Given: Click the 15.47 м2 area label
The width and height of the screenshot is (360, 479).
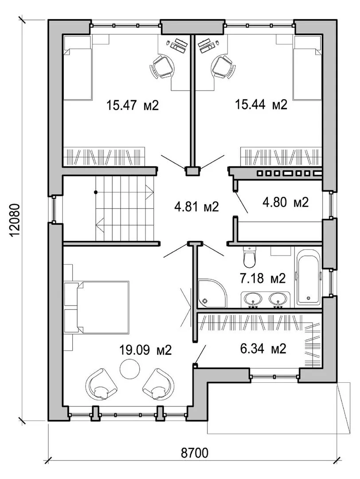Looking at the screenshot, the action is (x=133, y=106).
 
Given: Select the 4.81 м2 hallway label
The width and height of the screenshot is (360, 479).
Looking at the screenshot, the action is (x=197, y=207).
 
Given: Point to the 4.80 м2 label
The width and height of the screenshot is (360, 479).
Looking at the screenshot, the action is (x=286, y=202).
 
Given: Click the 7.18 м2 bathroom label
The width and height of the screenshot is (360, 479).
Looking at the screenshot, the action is (x=262, y=278).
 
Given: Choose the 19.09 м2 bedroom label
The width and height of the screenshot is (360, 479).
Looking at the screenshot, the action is (x=145, y=350).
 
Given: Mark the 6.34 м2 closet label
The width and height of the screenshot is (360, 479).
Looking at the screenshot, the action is (x=263, y=349).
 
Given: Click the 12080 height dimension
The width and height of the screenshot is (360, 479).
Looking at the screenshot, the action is (x=15, y=220).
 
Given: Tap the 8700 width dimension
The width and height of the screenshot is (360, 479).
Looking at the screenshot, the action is (x=195, y=453).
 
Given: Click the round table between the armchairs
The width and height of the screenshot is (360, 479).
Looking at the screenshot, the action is (x=130, y=369).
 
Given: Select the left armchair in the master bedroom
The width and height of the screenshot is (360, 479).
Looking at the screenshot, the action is (x=102, y=384).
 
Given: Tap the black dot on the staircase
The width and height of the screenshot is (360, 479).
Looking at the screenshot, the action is (x=96, y=192).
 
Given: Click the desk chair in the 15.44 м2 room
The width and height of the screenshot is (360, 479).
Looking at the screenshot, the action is (x=223, y=67).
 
